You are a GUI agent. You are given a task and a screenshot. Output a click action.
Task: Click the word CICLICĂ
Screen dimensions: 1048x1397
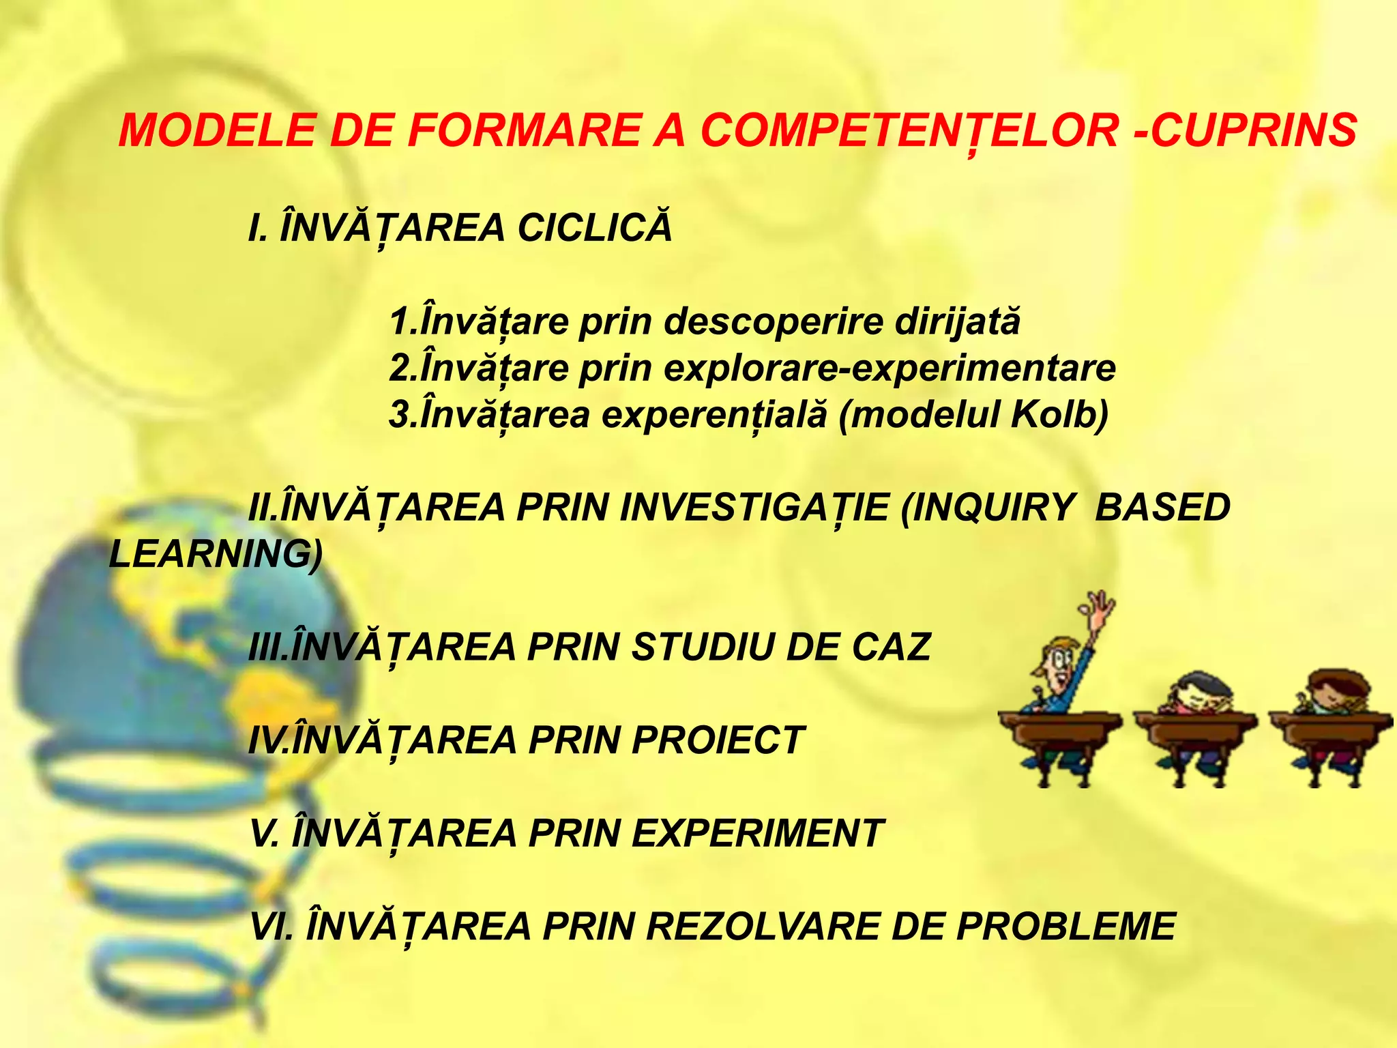595,227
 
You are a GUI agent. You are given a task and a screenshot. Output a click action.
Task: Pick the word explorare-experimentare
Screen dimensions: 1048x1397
889,368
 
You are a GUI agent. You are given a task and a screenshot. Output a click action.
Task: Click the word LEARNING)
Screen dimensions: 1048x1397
216,553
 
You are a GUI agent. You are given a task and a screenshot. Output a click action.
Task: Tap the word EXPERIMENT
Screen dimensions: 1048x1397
757,833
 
